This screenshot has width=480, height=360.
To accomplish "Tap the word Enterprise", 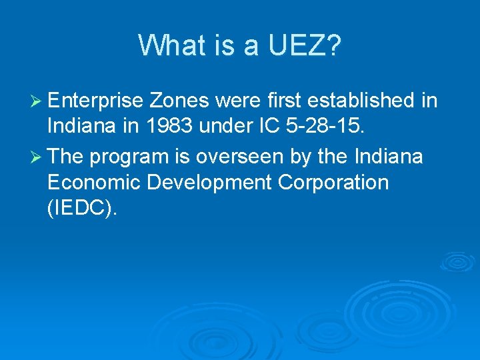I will [96, 101].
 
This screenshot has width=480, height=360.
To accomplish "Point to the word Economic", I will [93, 183].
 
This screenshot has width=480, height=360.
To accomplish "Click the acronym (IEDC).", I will [82, 209].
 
